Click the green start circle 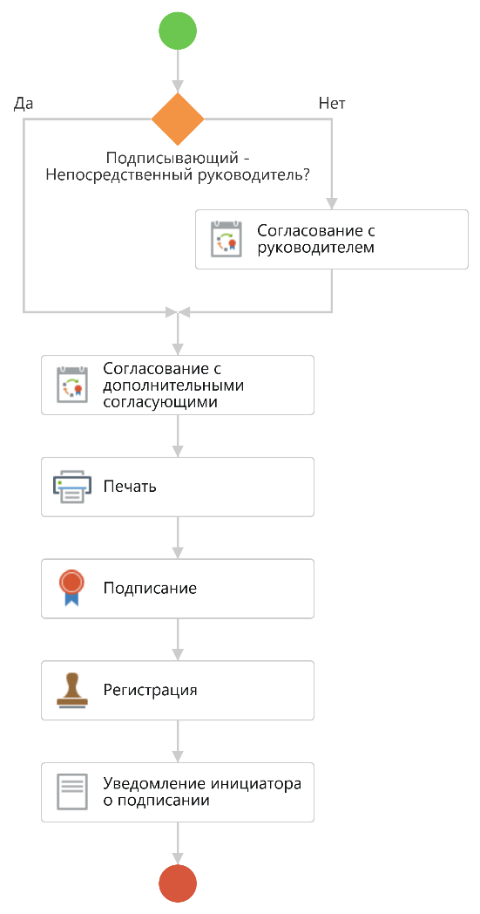coord(178,31)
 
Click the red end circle coord(178,883)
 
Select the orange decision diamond coord(178,119)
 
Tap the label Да coord(24,104)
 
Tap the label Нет coord(332,104)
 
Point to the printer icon coord(72,487)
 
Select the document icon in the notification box coord(72,792)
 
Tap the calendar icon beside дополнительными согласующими coord(72,385)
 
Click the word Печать coord(130,486)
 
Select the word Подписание coord(151,588)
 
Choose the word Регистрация coord(151,690)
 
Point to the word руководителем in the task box coord(315,247)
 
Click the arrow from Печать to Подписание coord(178,537)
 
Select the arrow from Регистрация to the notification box coord(178,740)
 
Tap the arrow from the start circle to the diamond coord(178,71)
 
